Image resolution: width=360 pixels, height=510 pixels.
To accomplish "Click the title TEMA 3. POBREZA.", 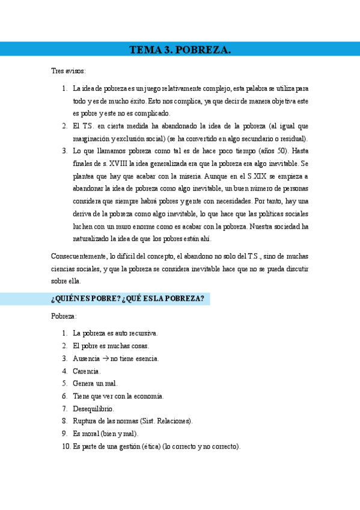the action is (180, 50).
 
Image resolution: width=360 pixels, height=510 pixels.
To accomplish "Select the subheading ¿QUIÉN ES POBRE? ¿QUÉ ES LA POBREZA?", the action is (127, 299).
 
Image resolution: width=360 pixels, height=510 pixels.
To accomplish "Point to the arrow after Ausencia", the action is (105, 358).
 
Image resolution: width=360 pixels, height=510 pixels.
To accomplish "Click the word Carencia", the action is (87, 371).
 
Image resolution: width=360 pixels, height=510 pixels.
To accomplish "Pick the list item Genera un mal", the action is (95, 384).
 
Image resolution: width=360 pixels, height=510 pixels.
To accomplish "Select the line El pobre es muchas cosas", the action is (111, 346).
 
